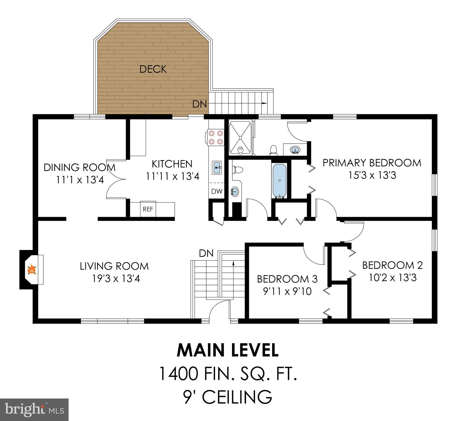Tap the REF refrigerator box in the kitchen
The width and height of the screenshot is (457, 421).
tap(148, 209)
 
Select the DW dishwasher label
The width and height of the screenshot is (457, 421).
tap(217, 191)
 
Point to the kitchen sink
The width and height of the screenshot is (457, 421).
tap(217, 167)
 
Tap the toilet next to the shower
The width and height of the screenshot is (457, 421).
tap(273, 150)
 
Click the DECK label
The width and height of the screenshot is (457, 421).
tap(153, 69)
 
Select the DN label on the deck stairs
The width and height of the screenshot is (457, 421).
tap(199, 104)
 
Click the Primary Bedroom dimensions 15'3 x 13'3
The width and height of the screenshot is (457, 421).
tap(372, 175)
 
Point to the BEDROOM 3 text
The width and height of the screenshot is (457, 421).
tap(287, 279)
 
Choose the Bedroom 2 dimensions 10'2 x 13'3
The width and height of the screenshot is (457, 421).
tap(393, 278)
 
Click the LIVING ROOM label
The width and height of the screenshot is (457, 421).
tap(114, 266)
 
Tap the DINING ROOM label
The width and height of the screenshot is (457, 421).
tap(80, 167)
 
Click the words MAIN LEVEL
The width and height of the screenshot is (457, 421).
tap(228, 350)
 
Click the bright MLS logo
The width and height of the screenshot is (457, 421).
tap(34, 409)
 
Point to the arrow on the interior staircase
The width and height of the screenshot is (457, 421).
tap(233, 263)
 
